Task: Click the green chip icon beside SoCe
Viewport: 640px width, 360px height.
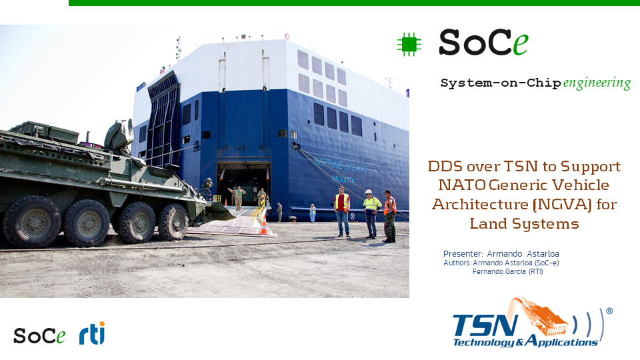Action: coord(409,45)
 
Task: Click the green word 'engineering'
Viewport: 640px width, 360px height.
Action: coord(597,83)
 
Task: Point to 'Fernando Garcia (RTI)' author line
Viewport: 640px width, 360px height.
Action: coord(508,271)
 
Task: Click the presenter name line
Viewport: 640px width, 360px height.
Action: coord(501,253)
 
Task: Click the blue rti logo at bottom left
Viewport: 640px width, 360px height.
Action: coord(92,333)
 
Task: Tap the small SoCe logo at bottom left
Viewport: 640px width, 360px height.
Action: coord(39,336)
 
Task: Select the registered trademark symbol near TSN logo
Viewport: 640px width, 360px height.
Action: coord(609,311)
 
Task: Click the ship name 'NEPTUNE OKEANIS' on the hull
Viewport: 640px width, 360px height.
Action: coord(341,165)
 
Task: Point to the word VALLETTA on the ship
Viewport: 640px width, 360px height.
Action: coord(343,179)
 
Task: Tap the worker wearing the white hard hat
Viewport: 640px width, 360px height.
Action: coord(371,213)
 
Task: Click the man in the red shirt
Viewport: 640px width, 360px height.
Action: coord(342,211)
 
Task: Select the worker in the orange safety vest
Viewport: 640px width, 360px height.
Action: coord(389,216)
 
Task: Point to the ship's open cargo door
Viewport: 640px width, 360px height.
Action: coord(243,183)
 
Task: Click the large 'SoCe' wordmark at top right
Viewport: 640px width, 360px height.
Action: coord(484,43)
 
